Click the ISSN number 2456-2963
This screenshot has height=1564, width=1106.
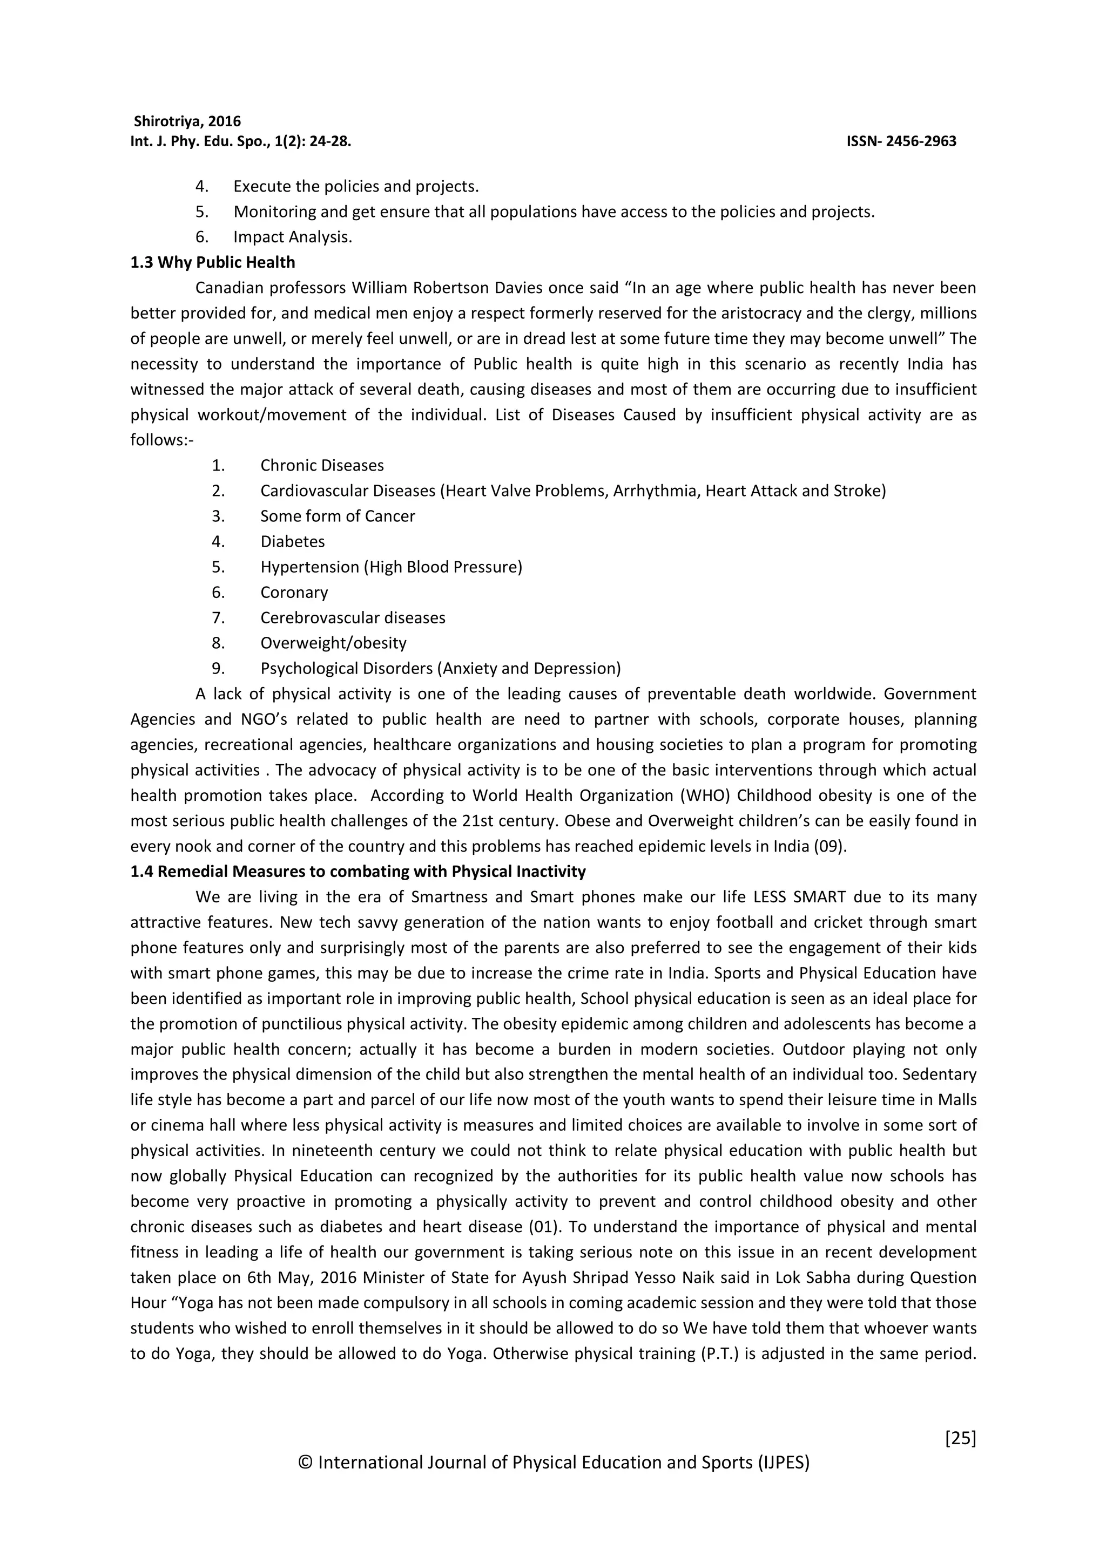pyautogui.click(x=921, y=142)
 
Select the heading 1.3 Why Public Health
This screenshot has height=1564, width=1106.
pyautogui.click(x=213, y=263)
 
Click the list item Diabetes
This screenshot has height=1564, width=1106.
pyautogui.click(x=292, y=541)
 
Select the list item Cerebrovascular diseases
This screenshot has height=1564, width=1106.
pyautogui.click(x=352, y=618)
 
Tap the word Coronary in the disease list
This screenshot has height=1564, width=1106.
pyautogui.click(x=294, y=593)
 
